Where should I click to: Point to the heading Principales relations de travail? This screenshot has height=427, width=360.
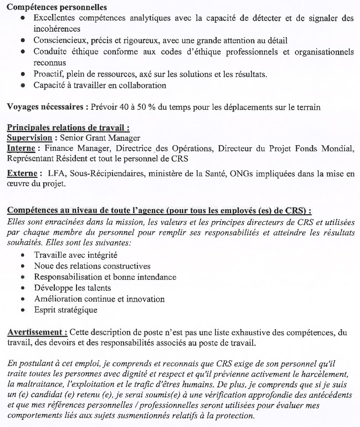(x=68, y=128)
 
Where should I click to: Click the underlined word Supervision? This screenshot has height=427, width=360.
(x=30, y=138)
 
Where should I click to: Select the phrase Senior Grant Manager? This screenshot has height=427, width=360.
(x=100, y=138)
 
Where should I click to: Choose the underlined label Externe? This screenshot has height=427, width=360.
(x=22, y=174)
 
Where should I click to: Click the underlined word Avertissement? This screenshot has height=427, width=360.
(x=37, y=332)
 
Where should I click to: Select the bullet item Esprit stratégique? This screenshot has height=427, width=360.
(x=66, y=310)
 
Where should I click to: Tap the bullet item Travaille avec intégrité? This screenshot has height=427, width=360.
(x=76, y=255)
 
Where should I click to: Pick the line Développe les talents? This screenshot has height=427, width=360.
(x=72, y=288)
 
